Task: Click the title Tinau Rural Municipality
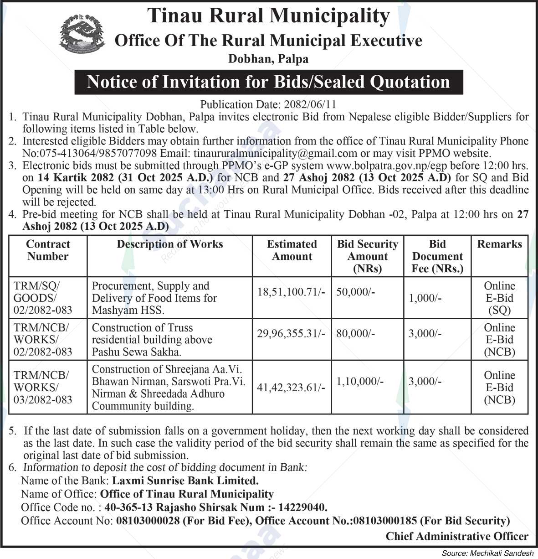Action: (x=268, y=16)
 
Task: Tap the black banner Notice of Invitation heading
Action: (x=268, y=82)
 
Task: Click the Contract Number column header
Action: (x=48, y=250)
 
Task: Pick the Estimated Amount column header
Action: (x=292, y=250)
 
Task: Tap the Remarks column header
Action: (x=499, y=244)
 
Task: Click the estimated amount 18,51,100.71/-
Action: (x=291, y=292)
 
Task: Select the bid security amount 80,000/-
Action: (x=355, y=334)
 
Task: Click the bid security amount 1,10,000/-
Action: (x=360, y=382)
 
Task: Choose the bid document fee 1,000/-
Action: (x=425, y=298)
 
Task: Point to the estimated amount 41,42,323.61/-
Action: (x=291, y=388)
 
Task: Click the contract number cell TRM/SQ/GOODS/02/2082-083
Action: (x=43, y=298)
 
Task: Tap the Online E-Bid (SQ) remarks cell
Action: (x=499, y=298)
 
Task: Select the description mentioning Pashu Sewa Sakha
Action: (x=152, y=340)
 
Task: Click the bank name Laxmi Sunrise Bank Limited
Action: (x=185, y=481)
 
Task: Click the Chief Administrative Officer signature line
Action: (x=457, y=536)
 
